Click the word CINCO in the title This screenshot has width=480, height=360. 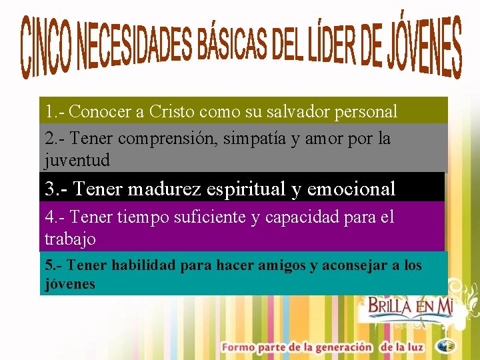pyautogui.click(x=46, y=48)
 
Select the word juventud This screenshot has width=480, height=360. pyautogui.click(x=77, y=161)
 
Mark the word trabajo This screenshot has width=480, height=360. pyautogui.click(x=70, y=238)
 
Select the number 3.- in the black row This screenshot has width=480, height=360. pyautogui.click(x=57, y=189)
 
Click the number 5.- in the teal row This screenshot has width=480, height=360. pyautogui.click(x=53, y=265)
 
